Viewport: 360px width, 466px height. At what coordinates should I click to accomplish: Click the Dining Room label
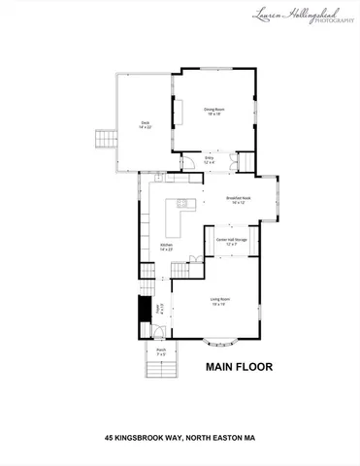[x=214, y=109]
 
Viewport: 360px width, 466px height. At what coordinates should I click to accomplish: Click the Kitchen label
[x=166, y=245]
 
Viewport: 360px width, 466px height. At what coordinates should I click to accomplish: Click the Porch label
[x=161, y=351]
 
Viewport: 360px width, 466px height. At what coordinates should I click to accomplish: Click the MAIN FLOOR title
[x=239, y=368]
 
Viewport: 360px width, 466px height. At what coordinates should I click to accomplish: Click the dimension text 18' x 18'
[x=214, y=114]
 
